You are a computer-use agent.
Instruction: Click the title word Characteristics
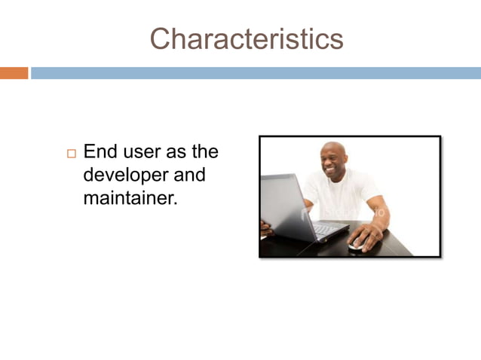pos(246,38)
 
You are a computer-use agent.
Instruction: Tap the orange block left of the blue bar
pos(14,73)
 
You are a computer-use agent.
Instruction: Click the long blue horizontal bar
pos(255,73)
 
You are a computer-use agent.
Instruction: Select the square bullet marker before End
pos(72,154)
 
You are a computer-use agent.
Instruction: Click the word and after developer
pos(189,175)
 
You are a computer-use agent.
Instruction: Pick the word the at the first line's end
pos(204,152)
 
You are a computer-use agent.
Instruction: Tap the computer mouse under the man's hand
pos(357,244)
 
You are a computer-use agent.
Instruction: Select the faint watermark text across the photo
pos(343,213)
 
